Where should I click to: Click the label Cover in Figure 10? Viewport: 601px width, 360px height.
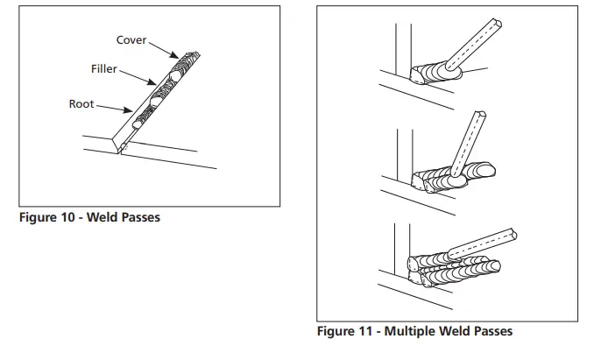click(131, 41)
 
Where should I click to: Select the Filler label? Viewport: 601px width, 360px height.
click(103, 69)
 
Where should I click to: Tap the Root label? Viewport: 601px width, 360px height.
click(81, 104)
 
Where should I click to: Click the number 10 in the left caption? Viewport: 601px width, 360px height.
click(67, 217)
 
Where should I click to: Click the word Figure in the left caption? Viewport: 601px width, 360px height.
click(36, 217)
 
